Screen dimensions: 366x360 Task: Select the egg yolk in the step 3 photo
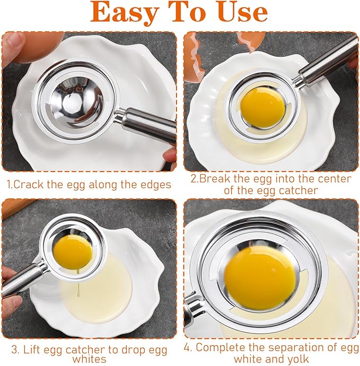tap(73, 250)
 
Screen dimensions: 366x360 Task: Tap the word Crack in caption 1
tap(30, 185)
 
